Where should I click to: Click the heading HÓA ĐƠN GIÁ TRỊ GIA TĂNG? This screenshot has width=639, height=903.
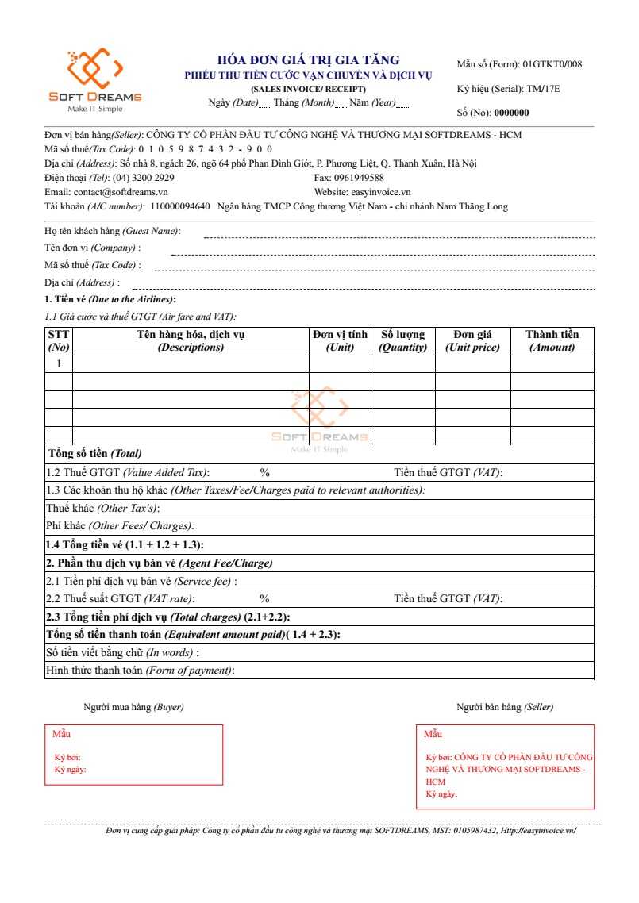click(308, 60)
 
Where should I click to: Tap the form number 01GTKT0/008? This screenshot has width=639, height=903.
click(552, 64)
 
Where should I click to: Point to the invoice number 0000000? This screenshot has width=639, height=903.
click(511, 113)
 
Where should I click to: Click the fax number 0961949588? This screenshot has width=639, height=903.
click(359, 178)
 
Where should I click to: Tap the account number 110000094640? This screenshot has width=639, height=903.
click(179, 206)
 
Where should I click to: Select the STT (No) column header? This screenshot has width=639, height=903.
click(59, 340)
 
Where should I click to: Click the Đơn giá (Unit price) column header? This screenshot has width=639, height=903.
click(472, 340)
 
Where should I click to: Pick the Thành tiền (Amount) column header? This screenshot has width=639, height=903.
click(552, 340)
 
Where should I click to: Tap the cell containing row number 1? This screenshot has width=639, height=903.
click(59, 363)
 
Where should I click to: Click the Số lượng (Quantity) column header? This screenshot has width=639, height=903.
click(402, 340)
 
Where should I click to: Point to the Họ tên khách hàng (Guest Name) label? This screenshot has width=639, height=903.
click(112, 231)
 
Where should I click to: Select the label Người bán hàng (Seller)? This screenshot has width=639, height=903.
click(505, 707)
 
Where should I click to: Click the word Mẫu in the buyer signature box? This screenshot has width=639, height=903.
click(61, 734)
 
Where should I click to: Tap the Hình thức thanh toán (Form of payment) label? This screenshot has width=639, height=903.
click(140, 671)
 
